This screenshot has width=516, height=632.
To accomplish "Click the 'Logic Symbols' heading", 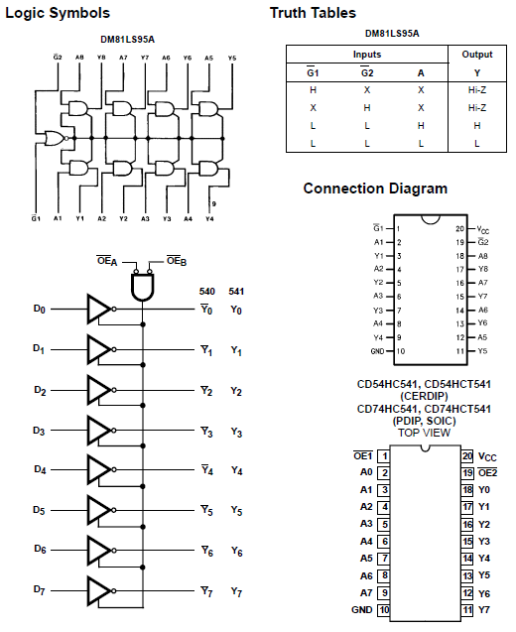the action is tap(58, 13).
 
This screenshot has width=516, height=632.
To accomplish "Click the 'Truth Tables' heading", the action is tap(313, 13).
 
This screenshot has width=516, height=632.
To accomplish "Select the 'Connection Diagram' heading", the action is tap(375, 189).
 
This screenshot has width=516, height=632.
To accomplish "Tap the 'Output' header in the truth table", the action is tap(477, 55).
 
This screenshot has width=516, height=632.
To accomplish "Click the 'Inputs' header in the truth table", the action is tap(367, 55).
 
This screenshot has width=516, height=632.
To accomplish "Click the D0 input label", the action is tap(39, 309).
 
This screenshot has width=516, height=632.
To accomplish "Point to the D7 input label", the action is tap(39, 590).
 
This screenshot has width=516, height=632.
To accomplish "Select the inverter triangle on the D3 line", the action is tap(99, 431).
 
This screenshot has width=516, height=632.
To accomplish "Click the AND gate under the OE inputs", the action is tap(143, 287).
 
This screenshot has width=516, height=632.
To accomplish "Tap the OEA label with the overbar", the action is tap(107, 261).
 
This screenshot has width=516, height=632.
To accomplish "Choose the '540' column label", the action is tap(206, 292).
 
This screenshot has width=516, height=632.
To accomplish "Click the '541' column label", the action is tap(236, 292).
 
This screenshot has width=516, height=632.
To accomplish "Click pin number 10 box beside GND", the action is tap(383, 610).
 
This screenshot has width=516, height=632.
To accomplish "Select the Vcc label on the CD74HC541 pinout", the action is tap(487, 456).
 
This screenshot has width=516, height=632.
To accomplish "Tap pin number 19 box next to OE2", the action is tap(467, 473).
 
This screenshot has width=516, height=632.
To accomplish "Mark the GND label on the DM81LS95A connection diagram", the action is tap(377, 351).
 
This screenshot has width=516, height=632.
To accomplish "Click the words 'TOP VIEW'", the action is tap(424, 433).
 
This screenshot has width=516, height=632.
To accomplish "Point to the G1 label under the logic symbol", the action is tap(36, 218).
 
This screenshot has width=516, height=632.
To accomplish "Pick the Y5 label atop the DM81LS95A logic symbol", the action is tap(232, 58).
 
